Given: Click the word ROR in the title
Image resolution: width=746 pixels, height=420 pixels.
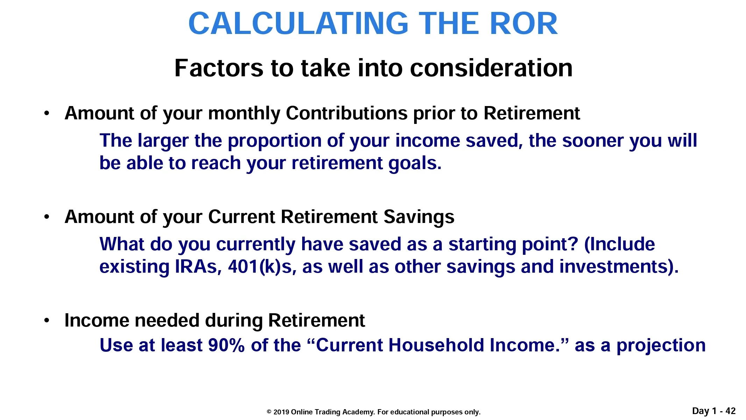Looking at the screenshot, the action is coord(524,23).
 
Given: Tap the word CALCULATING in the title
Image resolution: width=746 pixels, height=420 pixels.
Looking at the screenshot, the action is coord(298,23).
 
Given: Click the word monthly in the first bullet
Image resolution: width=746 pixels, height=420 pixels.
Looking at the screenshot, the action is coord(244,114).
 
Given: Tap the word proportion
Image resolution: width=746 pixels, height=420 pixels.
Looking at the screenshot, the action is coord(275,141).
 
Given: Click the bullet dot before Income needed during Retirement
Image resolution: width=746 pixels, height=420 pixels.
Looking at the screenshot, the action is coord(47,320).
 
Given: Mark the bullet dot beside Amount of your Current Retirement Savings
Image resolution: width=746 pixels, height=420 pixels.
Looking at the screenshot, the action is coord(47,217).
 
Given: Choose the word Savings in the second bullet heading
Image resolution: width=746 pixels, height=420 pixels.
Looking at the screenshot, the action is coord(419,217).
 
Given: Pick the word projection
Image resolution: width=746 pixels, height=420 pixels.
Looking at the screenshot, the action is coord(661,346).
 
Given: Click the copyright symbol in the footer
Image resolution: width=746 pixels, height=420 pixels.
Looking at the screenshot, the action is coord(269,412).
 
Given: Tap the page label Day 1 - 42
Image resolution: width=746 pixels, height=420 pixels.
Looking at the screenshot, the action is coord(714,411).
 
